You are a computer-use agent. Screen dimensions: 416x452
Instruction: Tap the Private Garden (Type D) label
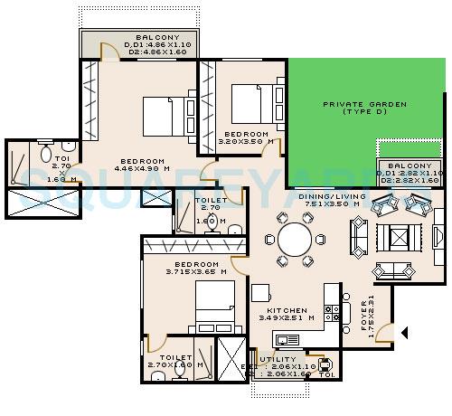[363, 108]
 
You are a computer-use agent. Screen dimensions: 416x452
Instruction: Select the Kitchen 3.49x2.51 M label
[287, 314]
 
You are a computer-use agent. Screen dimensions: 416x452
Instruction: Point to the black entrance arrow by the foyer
[406, 332]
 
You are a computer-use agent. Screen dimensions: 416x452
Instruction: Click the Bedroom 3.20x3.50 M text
[243, 138]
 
